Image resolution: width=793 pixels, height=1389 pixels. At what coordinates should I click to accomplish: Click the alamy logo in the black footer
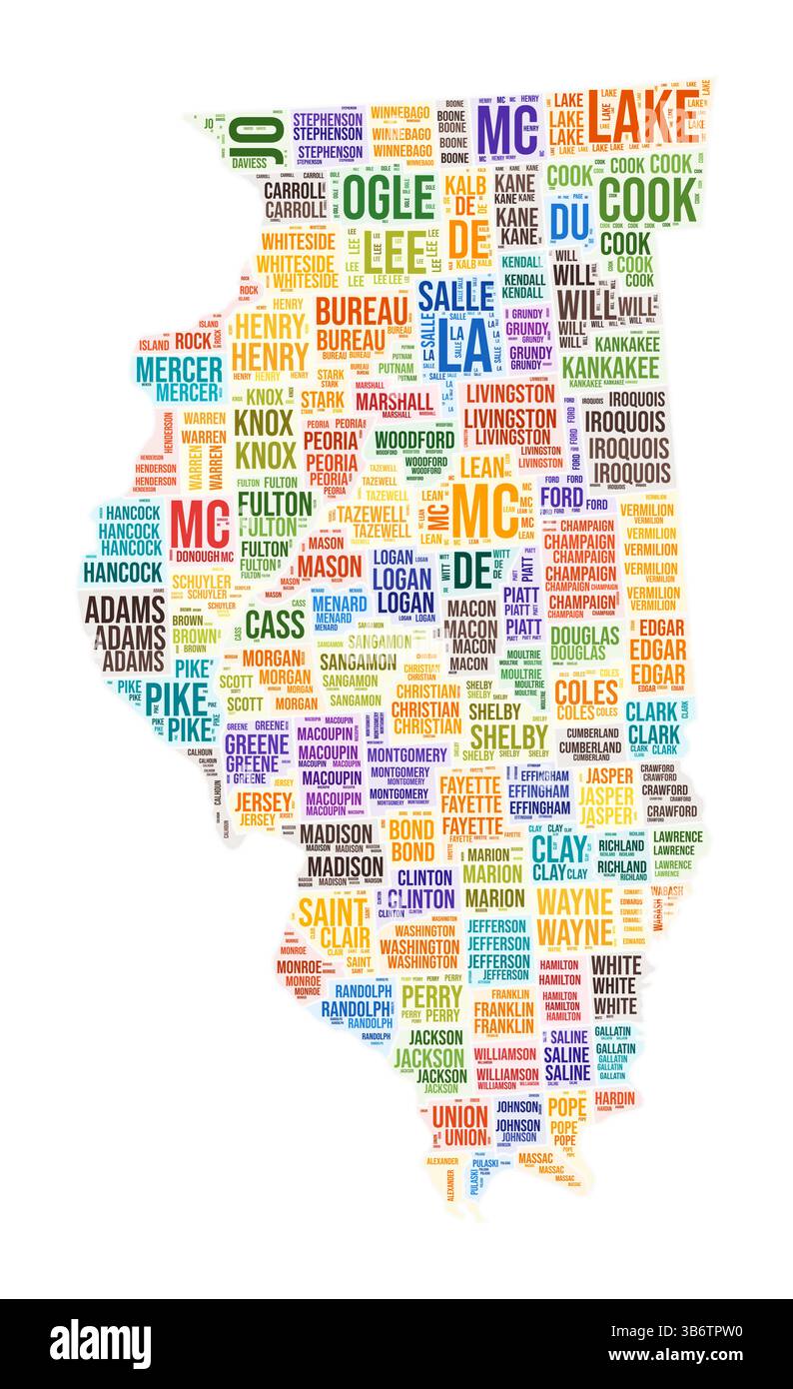pos(100,1343)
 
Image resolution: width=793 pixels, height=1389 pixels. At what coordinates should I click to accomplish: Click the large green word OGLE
pos(389,196)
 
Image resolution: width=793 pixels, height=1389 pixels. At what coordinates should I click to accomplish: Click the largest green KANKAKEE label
pos(610,368)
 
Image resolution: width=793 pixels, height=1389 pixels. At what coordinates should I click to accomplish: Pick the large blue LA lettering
pos(473,344)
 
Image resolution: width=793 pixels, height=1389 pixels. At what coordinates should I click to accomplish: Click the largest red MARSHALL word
pos(394,402)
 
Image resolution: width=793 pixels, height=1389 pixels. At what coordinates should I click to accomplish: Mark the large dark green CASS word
pos(274,624)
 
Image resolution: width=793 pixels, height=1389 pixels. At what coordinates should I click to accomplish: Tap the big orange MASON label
pos(330,567)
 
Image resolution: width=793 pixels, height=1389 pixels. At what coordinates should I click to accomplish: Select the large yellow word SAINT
pos(333,912)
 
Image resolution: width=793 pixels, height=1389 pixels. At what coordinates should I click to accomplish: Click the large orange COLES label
pos(586,693)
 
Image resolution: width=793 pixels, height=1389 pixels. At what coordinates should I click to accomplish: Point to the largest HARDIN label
pos(615,1098)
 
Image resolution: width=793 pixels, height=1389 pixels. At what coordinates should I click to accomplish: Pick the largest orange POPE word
pos(566,1106)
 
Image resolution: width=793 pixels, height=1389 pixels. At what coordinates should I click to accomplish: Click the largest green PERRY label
pos(431,996)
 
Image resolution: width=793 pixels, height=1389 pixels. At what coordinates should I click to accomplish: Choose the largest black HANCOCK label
pos(123,573)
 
